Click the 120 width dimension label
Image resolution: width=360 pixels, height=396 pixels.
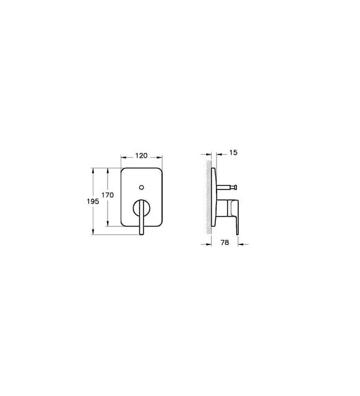point(142,156)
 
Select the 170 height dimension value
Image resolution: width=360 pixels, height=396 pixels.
point(108,195)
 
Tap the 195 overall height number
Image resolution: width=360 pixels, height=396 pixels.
point(93,202)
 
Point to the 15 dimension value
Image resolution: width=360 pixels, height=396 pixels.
point(234,153)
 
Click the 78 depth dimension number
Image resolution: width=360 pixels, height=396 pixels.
point(225,243)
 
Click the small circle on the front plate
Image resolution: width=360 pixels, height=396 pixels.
point(142,187)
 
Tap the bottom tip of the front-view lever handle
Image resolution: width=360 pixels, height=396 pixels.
point(142,234)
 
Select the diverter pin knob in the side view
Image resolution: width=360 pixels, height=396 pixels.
point(235,187)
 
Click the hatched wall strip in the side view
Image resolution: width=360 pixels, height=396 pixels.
point(209,197)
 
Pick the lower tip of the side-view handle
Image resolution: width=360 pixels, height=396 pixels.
point(238,235)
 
